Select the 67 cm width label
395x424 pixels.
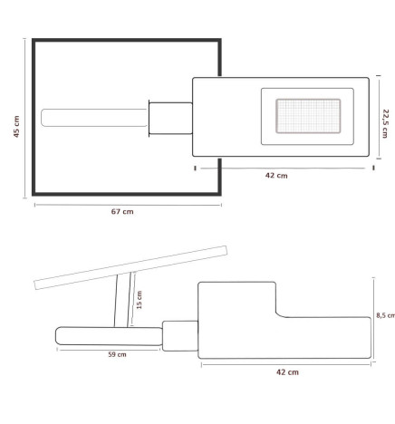pyautogui.click(x=122, y=212)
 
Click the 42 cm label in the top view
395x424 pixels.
pyautogui.click(x=276, y=176)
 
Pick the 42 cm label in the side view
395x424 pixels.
pyautogui.click(x=286, y=371)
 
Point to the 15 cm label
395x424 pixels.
pyautogui.click(x=139, y=300)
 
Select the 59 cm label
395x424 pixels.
pyautogui.click(x=117, y=354)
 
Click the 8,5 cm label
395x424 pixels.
pyautogui.click(x=386, y=316)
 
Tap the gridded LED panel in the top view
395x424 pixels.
pyautogui.click(x=302, y=116)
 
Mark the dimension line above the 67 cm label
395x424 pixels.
pyautogui.click(x=127, y=203)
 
